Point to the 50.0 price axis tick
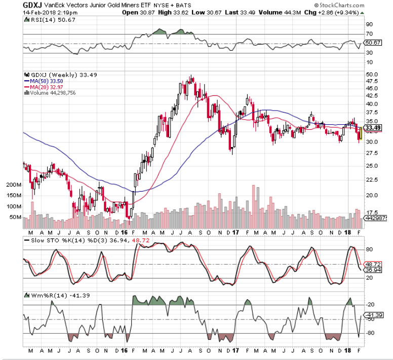tap(372, 75)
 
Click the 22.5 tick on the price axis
tap(372, 179)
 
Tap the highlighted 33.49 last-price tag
tap(373, 127)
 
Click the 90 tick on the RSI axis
tap(369, 24)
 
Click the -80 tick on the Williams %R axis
tap(370, 333)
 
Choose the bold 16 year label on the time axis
tap(124, 350)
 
